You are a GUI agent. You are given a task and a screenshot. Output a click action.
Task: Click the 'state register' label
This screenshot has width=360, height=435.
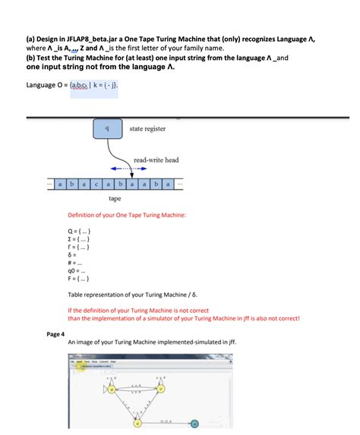[x=147, y=129]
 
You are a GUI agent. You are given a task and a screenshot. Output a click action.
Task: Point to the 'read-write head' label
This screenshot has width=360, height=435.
[x=156, y=160]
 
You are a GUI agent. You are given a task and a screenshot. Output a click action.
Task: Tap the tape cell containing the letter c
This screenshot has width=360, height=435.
[x=96, y=184]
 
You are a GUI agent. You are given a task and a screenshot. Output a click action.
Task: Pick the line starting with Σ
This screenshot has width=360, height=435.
[x=80, y=240]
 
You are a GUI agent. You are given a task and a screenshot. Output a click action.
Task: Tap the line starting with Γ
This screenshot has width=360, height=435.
[x=80, y=248]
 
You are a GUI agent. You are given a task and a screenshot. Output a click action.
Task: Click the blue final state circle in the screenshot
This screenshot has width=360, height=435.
[x=194, y=423]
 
